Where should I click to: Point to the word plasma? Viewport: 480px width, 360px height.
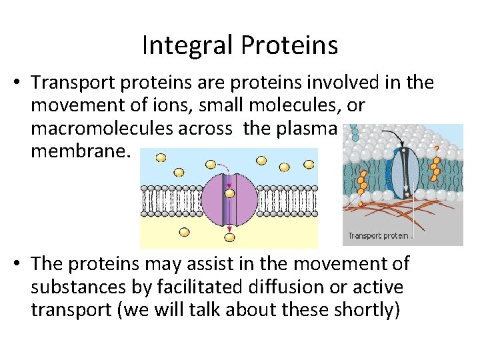304,129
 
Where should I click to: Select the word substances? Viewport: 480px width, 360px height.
86,287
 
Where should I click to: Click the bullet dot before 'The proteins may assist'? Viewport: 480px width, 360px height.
20,265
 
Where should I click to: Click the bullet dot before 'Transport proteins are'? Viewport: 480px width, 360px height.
20,83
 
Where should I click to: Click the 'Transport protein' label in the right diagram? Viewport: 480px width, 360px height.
378,235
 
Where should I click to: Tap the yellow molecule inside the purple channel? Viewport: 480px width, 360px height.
229,193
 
